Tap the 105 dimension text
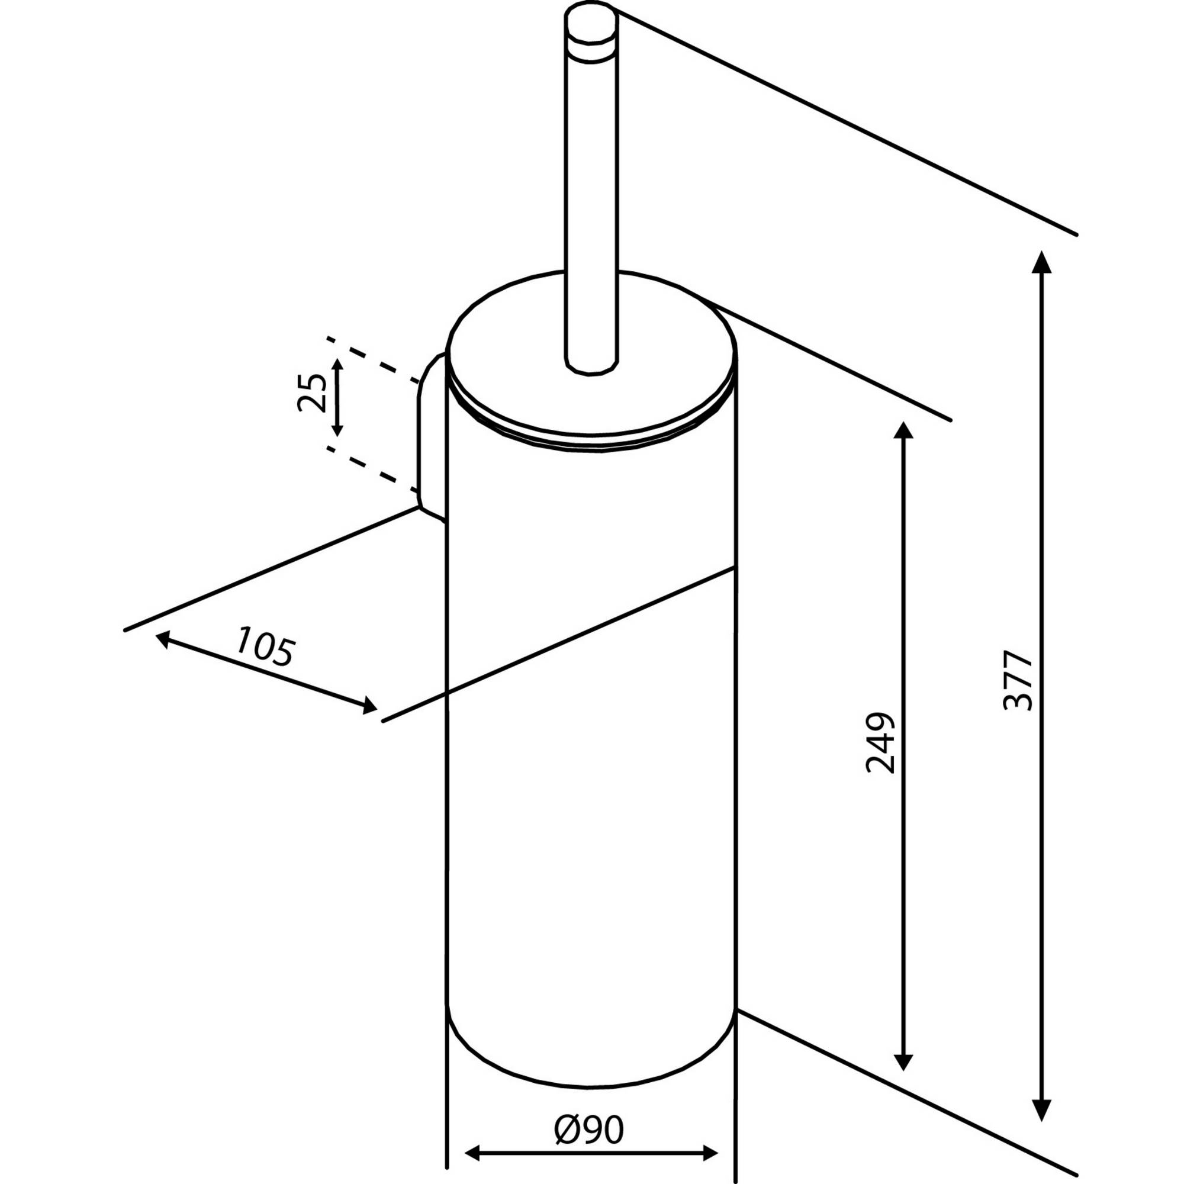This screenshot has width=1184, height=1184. [265, 646]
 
